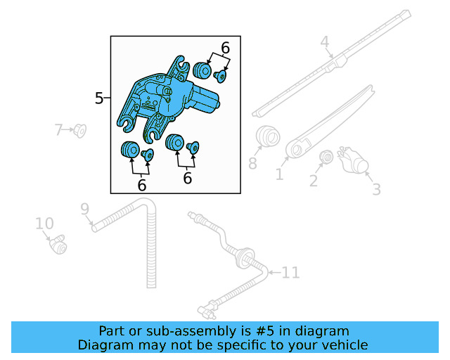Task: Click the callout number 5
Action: click(x=99, y=98)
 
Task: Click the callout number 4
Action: click(x=325, y=42)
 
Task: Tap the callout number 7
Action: click(x=58, y=129)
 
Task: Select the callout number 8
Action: click(x=252, y=163)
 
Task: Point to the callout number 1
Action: click(x=279, y=174)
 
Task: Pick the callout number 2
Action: click(x=314, y=181)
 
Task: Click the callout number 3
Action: click(x=376, y=189)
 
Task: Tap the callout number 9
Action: click(x=85, y=209)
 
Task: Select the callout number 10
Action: click(x=44, y=224)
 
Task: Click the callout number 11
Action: click(x=290, y=272)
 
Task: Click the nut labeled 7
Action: click(x=79, y=131)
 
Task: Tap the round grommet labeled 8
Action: click(x=267, y=136)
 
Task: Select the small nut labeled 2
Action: click(x=326, y=157)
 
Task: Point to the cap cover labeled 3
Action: click(x=353, y=160)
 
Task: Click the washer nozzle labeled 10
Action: click(x=58, y=245)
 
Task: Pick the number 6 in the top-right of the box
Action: click(x=225, y=48)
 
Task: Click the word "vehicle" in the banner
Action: click(x=349, y=345)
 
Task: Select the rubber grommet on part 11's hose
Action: click(x=245, y=258)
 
